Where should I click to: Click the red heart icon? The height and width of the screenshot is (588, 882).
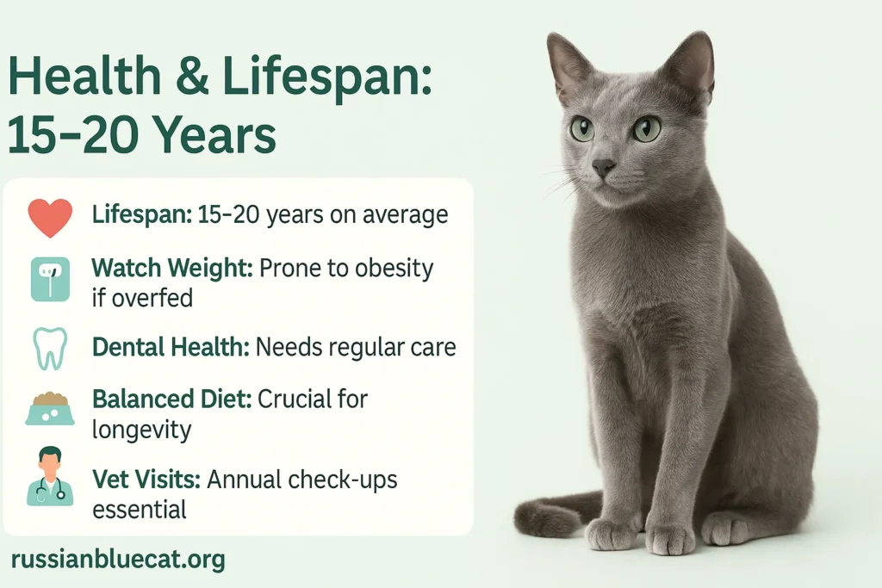(50, 218)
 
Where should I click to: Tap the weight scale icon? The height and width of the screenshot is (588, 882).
(50, 280)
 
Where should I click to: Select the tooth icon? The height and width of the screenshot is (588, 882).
(50, 349)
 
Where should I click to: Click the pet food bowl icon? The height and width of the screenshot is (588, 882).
(50, 408)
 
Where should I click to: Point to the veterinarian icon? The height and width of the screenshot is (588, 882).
(50, 476)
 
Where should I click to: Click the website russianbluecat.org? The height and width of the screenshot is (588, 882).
(118, 560)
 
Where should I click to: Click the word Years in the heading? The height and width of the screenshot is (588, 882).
(214, 135)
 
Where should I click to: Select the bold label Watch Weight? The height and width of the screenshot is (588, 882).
(172, 268)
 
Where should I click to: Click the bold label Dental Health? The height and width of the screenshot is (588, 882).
(171, 347)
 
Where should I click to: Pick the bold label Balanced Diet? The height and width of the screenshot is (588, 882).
(171, 399)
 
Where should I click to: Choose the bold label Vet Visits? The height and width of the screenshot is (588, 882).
(146, 480)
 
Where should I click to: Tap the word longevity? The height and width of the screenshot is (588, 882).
(142, 430)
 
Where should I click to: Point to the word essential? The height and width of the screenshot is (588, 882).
(139, 510)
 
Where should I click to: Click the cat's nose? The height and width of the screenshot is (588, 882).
(603, 167)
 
